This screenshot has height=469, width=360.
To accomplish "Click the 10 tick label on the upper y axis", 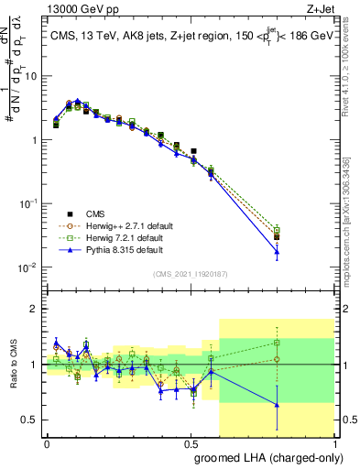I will tap(30, 76).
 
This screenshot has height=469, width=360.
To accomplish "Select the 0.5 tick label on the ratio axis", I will tap(30, 420).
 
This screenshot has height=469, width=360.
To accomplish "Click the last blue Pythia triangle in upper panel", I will tap(277, 251).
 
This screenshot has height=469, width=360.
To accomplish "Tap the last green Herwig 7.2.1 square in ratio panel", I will tap(277, 343).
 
